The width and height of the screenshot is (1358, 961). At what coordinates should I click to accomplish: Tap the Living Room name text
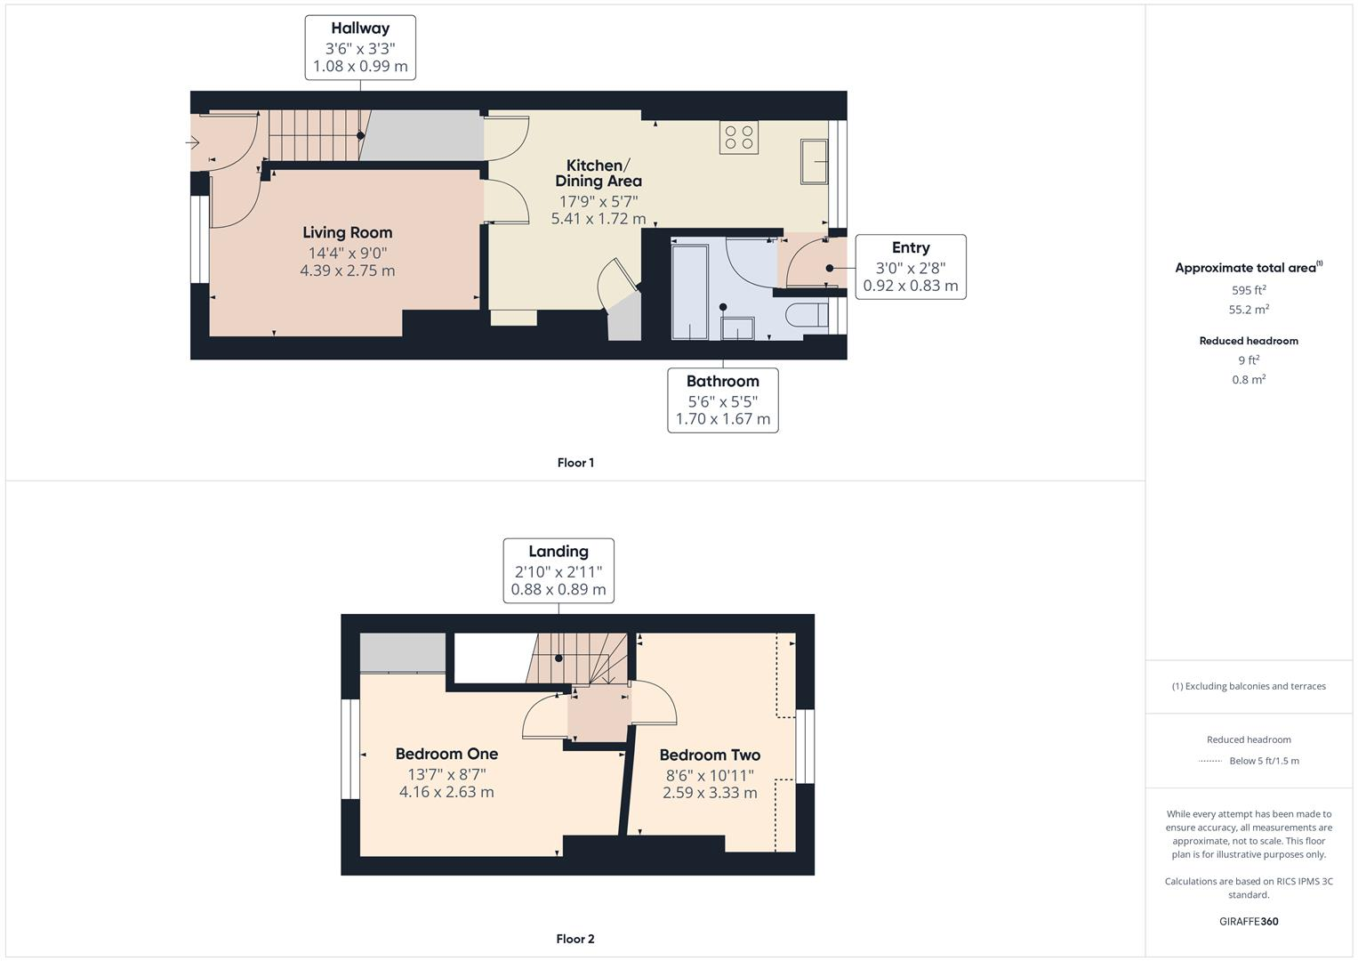(347, 232)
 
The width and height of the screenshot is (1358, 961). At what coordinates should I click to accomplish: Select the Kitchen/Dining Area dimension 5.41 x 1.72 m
(598, 219)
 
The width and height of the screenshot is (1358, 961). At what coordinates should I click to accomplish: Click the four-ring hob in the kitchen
(739, 137)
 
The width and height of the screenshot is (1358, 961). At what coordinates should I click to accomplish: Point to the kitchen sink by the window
(814, 161)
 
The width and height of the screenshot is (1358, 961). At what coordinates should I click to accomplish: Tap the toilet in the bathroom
(805, 316)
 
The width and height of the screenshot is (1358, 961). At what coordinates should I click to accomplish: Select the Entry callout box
(910, 266)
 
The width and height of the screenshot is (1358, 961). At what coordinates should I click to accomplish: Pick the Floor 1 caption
(575, 463)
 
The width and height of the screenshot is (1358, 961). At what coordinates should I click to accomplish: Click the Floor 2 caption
(575, 939)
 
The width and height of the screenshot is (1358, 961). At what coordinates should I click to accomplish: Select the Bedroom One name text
(446, 755)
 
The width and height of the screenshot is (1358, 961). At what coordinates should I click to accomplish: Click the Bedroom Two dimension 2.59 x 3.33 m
(710, 793)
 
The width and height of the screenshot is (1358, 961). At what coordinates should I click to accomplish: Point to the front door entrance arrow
(193, 142)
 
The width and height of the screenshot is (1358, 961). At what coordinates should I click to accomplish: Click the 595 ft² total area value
(1248, 290)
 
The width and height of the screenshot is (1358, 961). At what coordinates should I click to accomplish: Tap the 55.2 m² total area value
(1248, 310)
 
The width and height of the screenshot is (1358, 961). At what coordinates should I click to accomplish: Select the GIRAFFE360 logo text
(1248, 921)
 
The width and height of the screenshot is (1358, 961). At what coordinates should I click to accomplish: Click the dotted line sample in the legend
(1209, 761)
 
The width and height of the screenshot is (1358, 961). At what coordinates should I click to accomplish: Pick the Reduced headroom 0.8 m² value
(1248, 380)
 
